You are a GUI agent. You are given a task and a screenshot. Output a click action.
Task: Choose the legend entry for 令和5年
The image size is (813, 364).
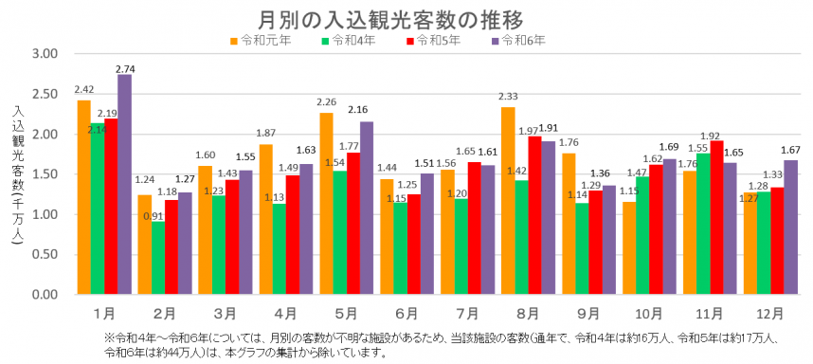(434, 40)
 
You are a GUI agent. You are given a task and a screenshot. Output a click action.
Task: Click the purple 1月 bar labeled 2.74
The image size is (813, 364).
(124, 185)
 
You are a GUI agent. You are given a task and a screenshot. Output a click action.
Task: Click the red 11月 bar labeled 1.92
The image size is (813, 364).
(716, 218)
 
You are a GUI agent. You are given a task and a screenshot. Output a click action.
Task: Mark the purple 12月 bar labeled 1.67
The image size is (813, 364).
(790, 227)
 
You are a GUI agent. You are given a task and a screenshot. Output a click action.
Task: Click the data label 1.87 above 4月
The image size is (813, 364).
(265, 134)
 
